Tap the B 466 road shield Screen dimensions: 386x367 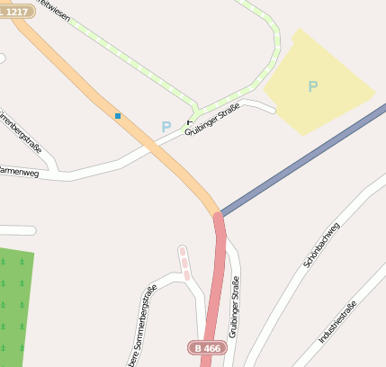pyautogui.click(x=206, y=347)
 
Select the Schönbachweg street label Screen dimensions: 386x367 pyautogui.click(x=321, y=243)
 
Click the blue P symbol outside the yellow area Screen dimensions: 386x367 pyautogui.click(x=166, y=127)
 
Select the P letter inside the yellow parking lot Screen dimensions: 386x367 pyautogui.click(x=313, y=86)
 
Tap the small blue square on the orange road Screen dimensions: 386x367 pyautogui.click(x=117, y=115)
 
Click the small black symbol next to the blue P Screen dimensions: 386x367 pyautogui.click(x=189, y=122)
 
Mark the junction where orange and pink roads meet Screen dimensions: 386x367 pyautogui.click(x=218, y=214)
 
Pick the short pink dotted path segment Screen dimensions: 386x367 pyautogui.click(x=184, y=262)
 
